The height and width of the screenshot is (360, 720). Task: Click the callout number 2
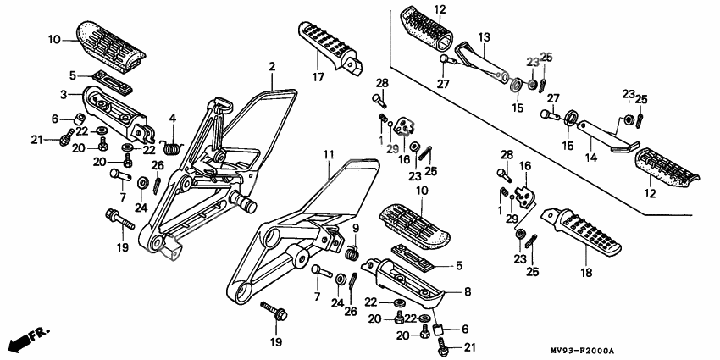[x=273, y=66]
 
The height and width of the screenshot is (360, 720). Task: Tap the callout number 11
[x=328, y=153]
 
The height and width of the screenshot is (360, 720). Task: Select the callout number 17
[x=318, y=77]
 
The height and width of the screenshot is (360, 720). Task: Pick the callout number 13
[x=485, y=37]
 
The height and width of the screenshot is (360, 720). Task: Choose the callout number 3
[x=63, y=93]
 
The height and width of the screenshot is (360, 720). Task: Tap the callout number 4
[x=172, y=117]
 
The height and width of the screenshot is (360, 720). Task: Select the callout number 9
[x=356, y=227]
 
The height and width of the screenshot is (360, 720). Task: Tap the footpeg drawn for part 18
[x=584, y=233]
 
